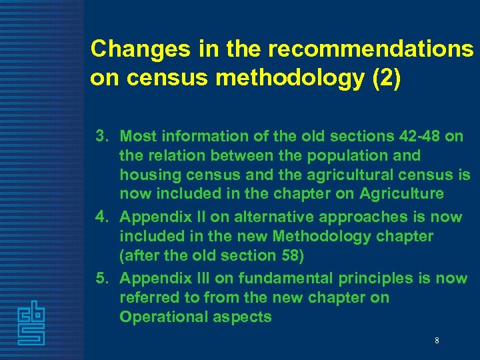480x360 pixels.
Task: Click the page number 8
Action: click(x=437, y=341)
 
